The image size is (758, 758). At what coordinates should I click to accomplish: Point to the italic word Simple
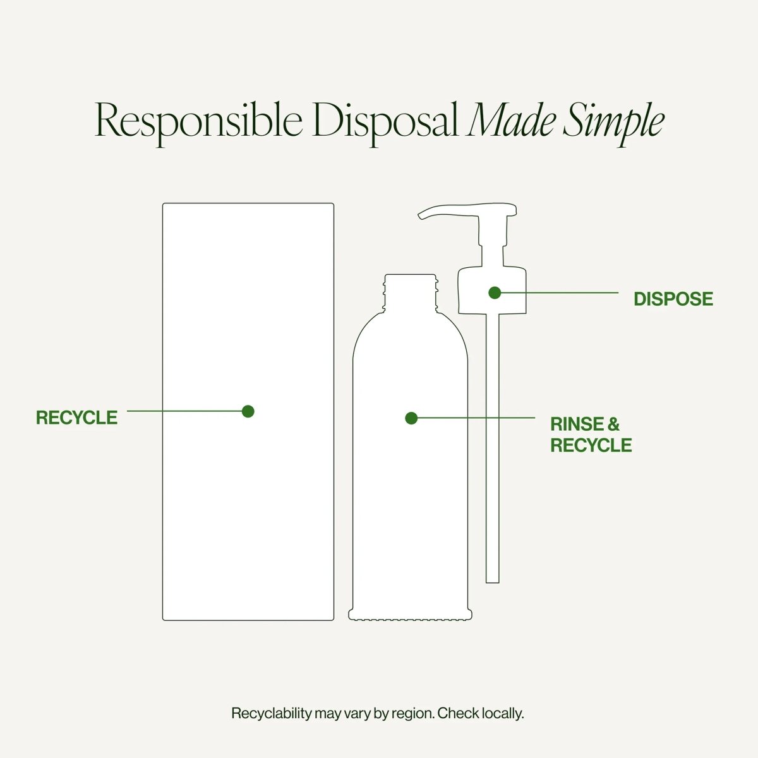(613, 123)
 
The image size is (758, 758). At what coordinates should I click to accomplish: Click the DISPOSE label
(673, 299)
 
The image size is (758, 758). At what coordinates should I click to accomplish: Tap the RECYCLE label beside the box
(76, 418)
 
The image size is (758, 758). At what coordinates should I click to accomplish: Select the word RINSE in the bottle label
(576, 424)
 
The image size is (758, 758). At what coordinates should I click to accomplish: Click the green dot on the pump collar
(495, 292)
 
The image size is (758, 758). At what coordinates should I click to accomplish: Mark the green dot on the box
(248, 411)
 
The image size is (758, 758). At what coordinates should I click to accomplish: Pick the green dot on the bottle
(411, 418)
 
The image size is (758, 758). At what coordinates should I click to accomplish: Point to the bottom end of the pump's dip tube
(493, 582)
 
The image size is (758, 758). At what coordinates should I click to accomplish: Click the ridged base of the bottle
(411, 615)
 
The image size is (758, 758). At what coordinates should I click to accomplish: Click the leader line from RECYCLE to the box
(184, 411)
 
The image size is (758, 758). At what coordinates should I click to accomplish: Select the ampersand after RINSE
(613, 424)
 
